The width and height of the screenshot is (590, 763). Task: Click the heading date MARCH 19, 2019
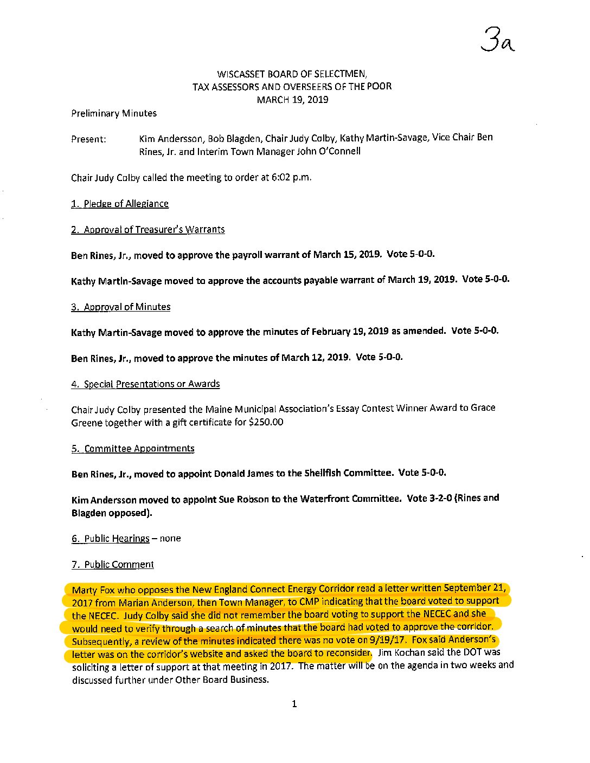[x=292, y=99]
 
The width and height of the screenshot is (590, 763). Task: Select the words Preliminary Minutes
[x=114, y=113]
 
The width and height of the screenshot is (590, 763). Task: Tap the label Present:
[x=88, y=139]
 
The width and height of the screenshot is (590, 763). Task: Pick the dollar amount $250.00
[x=265, y=422]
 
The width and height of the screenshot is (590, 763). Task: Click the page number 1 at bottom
[x=294, y=704]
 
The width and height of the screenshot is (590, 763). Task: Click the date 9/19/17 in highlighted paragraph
[x=389, y=641]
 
